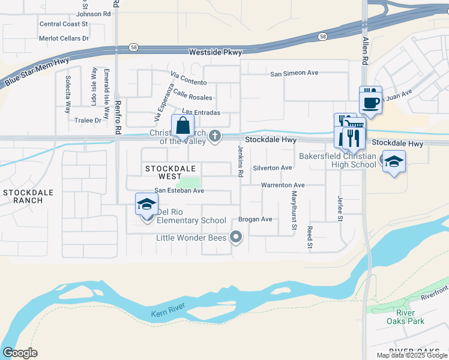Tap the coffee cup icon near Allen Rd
pos(370,100)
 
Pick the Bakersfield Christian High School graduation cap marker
pos(394,162)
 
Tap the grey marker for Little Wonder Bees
pos(236,238)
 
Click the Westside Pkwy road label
pos(215,53)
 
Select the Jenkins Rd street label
pos(240,162)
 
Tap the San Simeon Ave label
pos(294,73)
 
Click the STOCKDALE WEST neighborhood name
pos(170,173)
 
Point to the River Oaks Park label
pos(410,317)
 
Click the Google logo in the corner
pos(20,353)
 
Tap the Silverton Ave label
pos(272,168)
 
